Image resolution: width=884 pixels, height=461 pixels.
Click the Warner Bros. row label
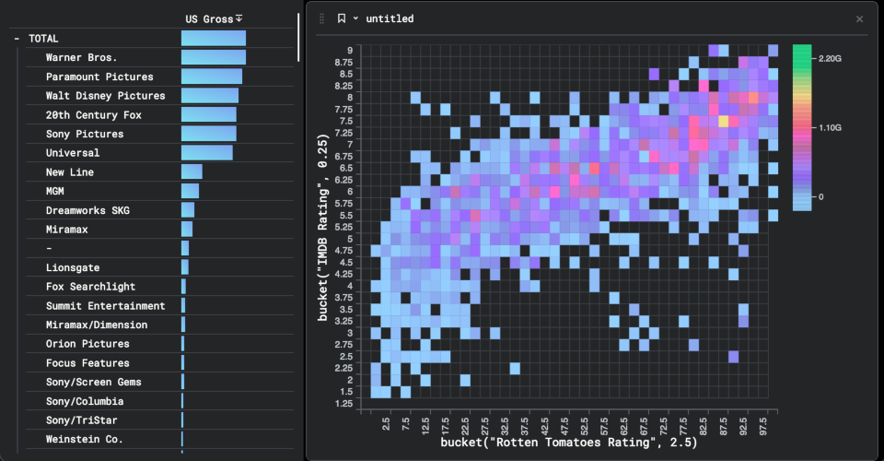(81, 57)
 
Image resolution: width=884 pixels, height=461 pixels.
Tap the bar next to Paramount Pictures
(211, 77)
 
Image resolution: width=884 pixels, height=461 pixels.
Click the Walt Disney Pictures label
(105, 96)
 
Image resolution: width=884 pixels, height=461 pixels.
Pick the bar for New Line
(192, 172)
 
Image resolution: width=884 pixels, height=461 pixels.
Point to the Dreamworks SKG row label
(87, 210)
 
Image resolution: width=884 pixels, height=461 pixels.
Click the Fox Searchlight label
(90, 287)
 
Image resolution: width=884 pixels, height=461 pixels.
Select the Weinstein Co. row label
(84, 440)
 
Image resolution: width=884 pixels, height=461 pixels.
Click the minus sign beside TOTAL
(17, 39)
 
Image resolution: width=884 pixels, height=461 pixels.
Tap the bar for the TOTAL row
(213, 39)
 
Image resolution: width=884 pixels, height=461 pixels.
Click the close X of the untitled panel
(860, 18)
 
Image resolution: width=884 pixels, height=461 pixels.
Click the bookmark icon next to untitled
(342, 18)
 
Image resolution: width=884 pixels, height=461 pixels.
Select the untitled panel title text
(390, 18)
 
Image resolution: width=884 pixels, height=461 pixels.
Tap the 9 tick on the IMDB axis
(350, 50)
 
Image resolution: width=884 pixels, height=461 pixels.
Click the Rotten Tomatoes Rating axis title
(568, 443)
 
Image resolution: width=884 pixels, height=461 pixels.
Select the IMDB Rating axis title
(324, 226)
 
